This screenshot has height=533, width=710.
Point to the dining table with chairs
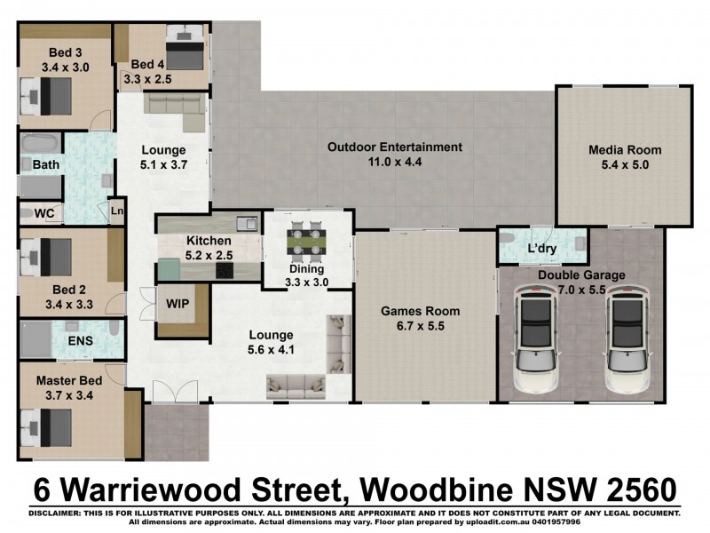308,240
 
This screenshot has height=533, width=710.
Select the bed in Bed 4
185,51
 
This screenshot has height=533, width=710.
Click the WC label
44,213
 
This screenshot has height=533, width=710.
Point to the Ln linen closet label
116,211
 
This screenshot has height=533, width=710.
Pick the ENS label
80,340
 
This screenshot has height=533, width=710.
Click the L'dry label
541,249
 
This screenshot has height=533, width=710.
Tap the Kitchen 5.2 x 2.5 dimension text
209,256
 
